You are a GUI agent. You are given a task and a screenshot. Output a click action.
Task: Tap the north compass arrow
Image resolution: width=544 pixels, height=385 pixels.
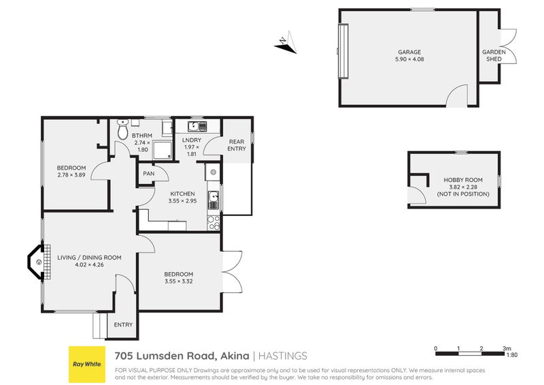coord(286,42)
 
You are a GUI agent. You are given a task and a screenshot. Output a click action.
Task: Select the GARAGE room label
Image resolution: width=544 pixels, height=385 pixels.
coord(409,52)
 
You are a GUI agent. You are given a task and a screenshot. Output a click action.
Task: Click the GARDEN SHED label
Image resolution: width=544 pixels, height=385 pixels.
coord(493,55)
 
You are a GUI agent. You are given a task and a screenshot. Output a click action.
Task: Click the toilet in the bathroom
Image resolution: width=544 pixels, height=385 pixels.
coord(122,129)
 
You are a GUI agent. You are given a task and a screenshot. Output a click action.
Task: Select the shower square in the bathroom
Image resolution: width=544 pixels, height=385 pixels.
coord(163,150)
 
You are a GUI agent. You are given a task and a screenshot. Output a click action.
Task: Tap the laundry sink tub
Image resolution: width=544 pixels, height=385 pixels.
coord(193,126)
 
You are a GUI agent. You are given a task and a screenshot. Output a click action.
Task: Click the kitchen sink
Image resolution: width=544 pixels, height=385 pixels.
coord(214,198)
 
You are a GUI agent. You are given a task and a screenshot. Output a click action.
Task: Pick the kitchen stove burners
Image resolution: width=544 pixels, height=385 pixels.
coord(214,221)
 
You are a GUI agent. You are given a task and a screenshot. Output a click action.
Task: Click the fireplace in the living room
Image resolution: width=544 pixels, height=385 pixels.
coord(37,262)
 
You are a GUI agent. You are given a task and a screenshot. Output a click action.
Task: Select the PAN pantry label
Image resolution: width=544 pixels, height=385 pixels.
coord(148,174)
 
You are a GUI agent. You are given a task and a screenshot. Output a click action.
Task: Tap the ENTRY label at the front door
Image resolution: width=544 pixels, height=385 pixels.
coord(123,325)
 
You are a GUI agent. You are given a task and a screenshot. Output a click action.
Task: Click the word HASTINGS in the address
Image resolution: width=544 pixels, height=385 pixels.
coord(284,356)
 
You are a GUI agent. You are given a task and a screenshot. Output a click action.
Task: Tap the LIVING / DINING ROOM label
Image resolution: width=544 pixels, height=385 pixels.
coord(89,257)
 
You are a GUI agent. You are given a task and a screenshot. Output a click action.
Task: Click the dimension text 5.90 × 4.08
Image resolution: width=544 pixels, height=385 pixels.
coord(409,59)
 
